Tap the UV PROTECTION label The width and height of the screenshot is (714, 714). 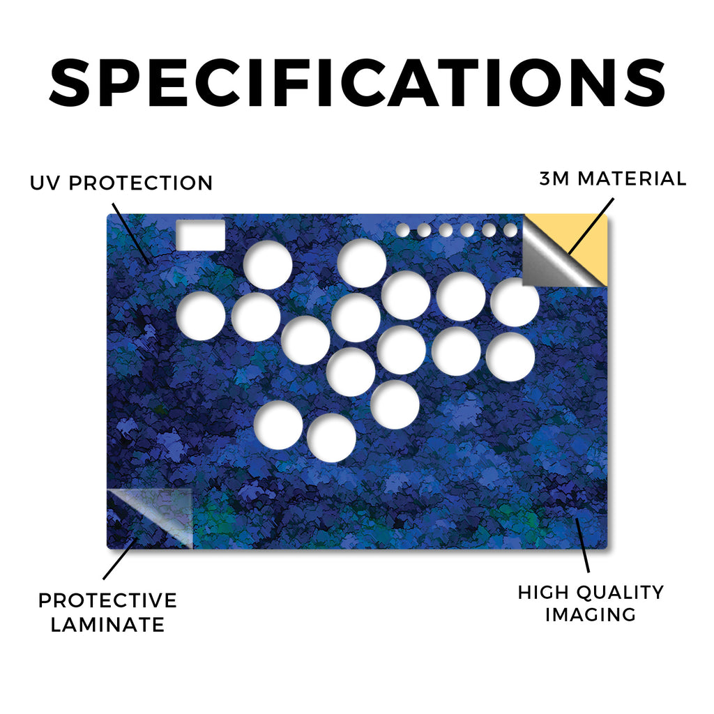(121, 183)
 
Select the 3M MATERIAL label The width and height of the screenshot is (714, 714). (612, 178)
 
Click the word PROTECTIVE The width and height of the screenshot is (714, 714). (107, 600)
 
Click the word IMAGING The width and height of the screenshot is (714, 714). (591, 615)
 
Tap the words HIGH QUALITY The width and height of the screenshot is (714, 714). (591, 593)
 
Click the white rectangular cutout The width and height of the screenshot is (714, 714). (200, 235)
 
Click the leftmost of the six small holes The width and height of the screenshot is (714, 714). (402, 230)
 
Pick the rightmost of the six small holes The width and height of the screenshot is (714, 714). (510, 230)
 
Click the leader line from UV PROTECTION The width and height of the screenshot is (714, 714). (130, 234)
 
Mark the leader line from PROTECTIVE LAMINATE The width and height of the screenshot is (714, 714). (120, 559)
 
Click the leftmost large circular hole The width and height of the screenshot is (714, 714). (201, 316)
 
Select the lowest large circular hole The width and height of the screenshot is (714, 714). (331, 438)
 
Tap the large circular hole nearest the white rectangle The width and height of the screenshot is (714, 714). (268, 265)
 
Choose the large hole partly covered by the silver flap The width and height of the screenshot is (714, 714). (515, 302)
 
